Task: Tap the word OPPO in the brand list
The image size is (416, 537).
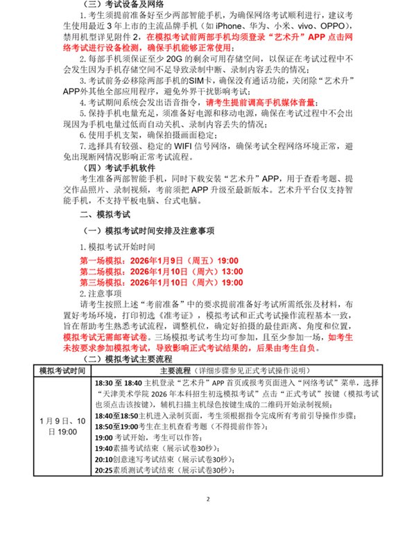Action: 353,31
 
